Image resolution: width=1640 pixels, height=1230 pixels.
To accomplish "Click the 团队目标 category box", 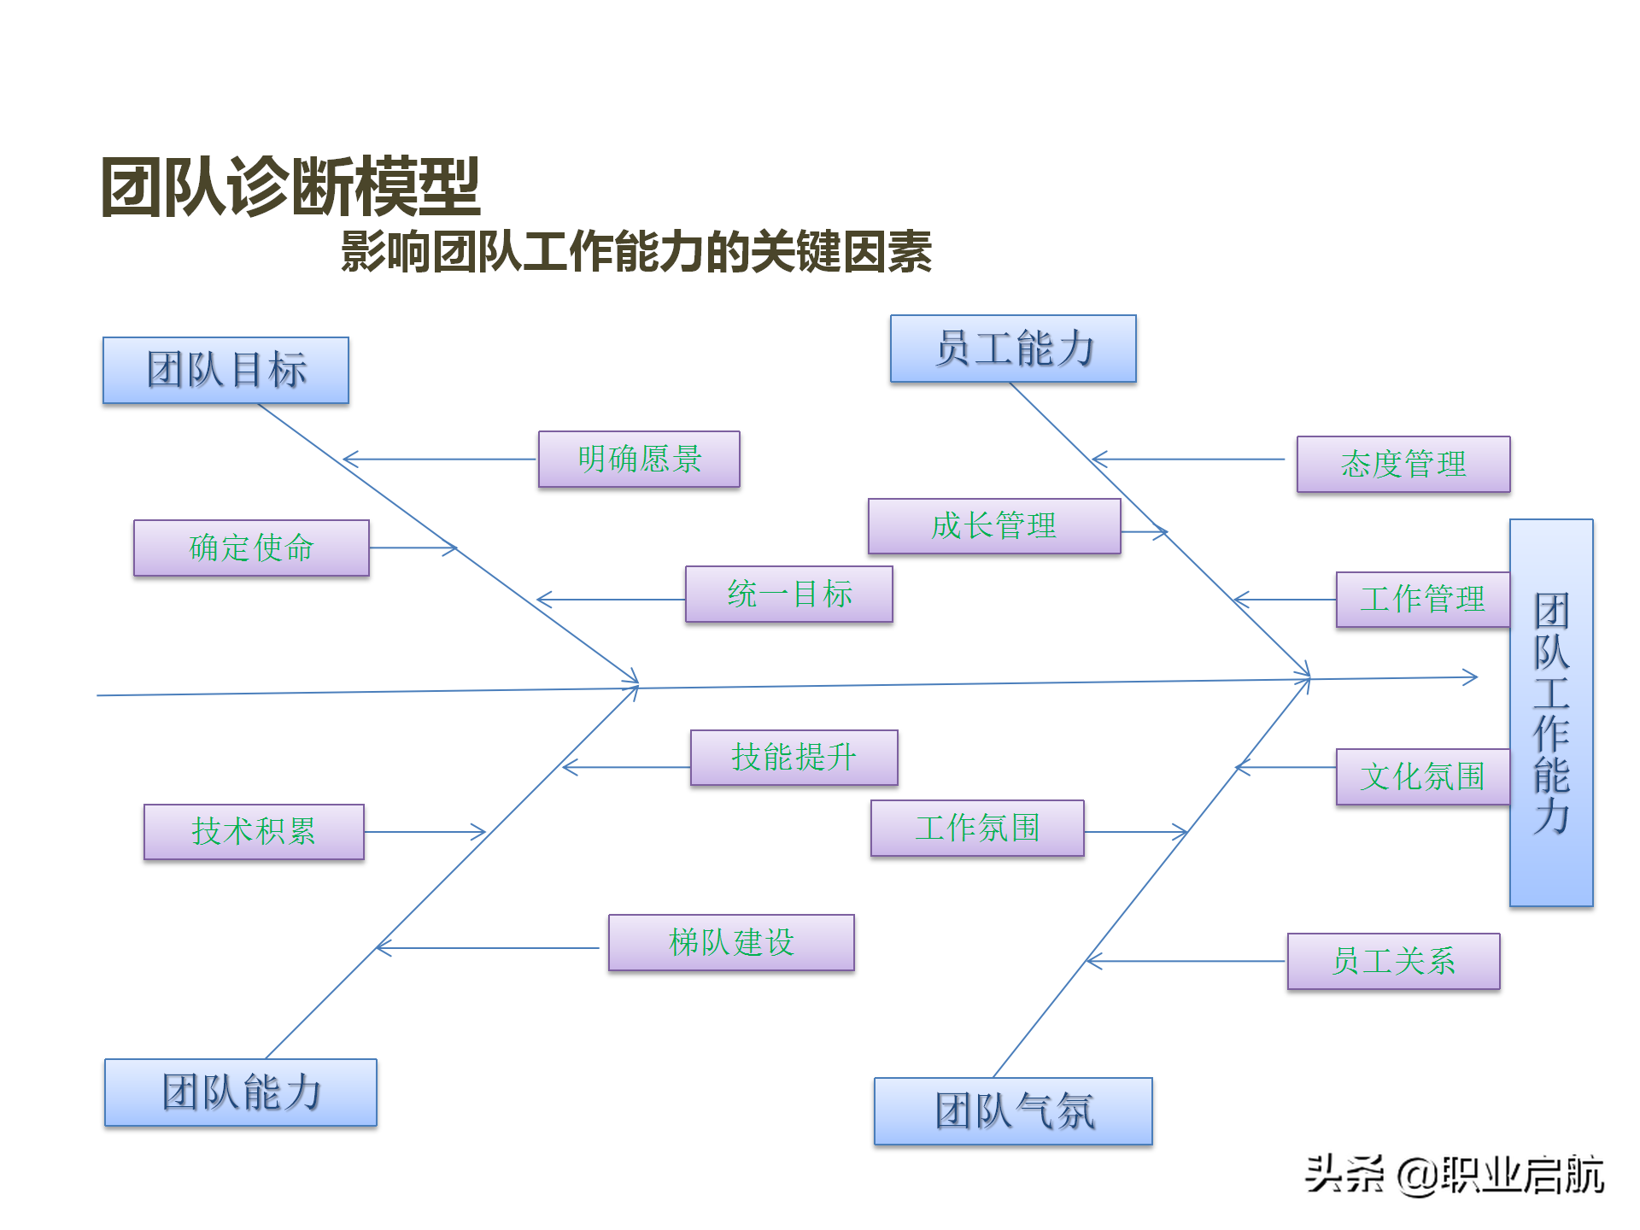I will click(x=225, y=370).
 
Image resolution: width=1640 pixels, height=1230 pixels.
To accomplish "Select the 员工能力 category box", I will click(x=1013, y=348).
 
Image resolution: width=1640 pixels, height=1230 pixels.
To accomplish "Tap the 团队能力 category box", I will click(x=240, y=1092).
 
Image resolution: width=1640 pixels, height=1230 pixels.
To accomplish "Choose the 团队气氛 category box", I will click(x=1013, y=1111).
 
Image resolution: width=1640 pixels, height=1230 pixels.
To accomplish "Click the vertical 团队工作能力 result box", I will click(x=1551, y=712).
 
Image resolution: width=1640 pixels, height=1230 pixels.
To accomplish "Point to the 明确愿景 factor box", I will click(x=639, y=460).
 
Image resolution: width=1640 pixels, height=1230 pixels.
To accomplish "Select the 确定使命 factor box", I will click(x=251, y=548).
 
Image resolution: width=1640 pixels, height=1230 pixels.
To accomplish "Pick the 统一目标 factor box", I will click(x=788, y=594).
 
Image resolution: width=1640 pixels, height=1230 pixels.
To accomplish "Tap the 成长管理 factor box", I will click(x=994, y=526).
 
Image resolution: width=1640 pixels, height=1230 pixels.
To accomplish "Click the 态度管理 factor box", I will click(x=1403, y=465).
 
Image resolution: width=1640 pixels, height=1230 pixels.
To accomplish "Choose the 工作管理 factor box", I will click(x=1422, y=600).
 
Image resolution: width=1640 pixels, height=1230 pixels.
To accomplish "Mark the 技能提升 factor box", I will click(x=794, y=758).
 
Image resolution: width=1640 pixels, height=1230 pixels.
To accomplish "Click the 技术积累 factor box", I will click(x=254, y=832).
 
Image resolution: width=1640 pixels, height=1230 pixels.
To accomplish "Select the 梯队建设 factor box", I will click(x=731, y=943).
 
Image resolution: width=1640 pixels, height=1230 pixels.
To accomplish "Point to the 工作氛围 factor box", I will click(x=977, y=829).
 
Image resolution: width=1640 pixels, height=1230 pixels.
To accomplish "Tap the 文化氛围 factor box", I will click(x=1422, y=777).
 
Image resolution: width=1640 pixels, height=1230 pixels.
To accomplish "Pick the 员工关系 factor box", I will click(x=1393, y=962).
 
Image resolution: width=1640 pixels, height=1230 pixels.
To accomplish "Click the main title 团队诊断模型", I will click(x=290, y=187).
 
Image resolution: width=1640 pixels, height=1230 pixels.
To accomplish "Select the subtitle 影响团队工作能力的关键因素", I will click(x=636, y=252).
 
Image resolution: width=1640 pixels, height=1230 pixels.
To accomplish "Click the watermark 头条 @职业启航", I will click(x=1454, y=1174).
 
